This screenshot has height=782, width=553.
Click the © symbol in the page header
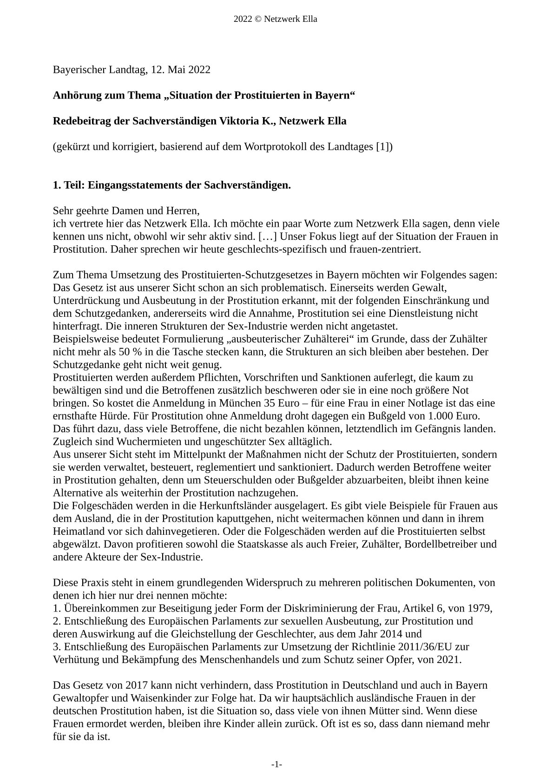[x=255, y=19]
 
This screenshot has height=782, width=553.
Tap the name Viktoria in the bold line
[x=239, y=121]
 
